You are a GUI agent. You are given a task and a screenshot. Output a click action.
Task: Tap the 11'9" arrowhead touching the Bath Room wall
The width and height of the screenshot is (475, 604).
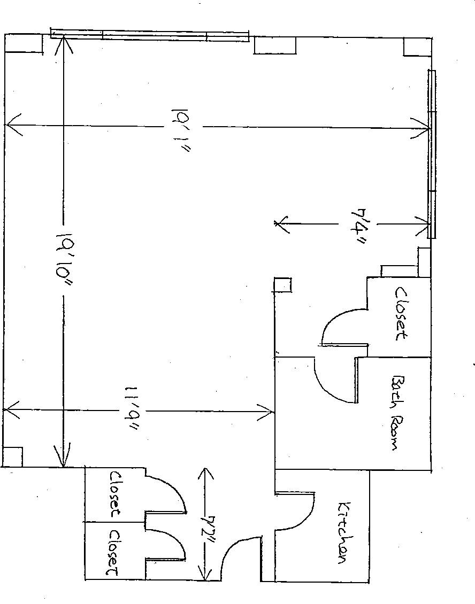point(267,412)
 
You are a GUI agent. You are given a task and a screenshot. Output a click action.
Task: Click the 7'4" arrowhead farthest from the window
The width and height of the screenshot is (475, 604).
point(281,225)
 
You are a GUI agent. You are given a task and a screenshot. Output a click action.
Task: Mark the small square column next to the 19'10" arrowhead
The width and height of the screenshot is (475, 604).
point(13,456)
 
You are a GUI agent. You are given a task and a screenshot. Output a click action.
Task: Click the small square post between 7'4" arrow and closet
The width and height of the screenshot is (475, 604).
point(282,284)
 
